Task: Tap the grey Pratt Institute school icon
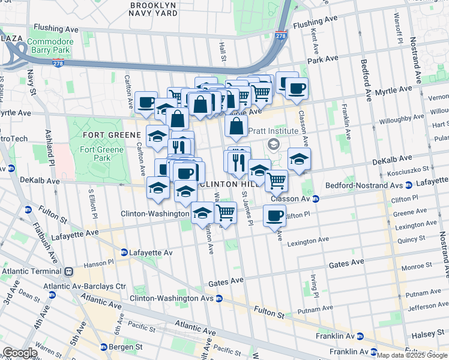274,144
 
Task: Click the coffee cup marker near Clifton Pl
274,216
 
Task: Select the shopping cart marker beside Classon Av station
276,179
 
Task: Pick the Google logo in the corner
20,353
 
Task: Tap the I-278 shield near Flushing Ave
281,35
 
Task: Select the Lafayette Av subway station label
146,253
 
